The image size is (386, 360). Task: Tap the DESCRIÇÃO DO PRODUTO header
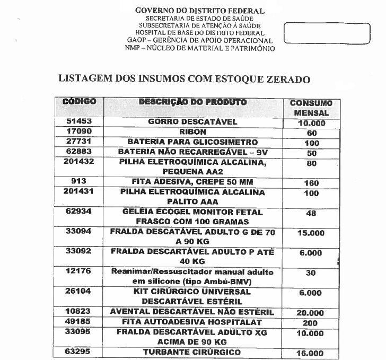click(192, 101)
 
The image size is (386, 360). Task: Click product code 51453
click(78, 121)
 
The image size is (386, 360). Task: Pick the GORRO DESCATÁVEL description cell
click(192, 122)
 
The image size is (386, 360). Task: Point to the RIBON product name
click(192, 132)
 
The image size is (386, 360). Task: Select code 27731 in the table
click(78, 142)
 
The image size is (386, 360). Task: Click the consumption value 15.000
click(311, 233)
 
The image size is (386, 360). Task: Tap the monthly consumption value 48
click(311, 213)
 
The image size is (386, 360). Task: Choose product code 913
click(78, 181)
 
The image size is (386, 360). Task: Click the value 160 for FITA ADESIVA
click(311, 183)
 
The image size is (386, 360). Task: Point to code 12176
click(78, 271)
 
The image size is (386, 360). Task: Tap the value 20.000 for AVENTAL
click(311, 313)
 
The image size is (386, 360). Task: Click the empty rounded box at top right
click(327, 33)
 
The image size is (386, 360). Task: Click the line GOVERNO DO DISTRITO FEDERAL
click(200, 11)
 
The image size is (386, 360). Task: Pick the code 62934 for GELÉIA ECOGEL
click(78, 212)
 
